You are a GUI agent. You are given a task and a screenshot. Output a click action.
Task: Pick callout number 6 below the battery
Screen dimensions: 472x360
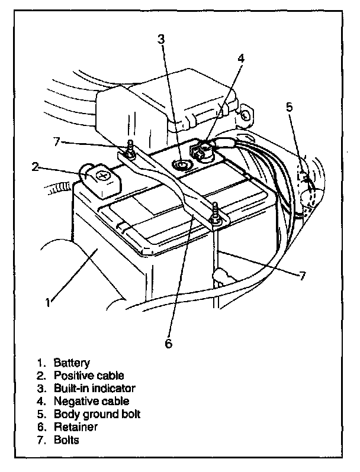tap(168, 344)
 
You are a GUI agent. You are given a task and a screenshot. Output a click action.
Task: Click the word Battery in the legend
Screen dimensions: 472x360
tap(72, 363)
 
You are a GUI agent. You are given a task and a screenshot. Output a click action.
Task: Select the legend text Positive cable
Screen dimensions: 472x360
tap(89, 376)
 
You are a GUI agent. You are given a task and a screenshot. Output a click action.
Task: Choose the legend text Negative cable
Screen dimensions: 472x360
tap(91, 402)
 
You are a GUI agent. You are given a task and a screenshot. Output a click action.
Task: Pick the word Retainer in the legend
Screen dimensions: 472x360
tap(75, 427)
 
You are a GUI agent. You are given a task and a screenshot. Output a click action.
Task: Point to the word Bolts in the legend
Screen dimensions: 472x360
tap(66, 440)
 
